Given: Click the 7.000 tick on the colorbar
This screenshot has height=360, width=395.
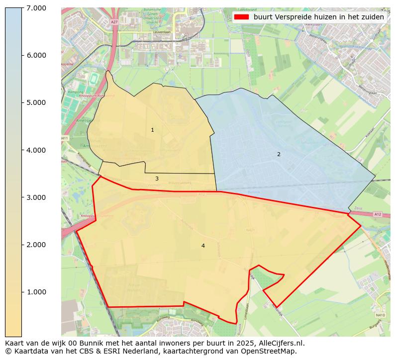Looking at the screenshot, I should [36, 8].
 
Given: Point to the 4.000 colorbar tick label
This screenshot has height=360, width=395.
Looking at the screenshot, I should [36, 150].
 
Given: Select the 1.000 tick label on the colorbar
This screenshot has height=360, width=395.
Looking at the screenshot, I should [36, 292].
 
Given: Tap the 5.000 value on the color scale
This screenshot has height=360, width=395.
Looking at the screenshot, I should [36, 102].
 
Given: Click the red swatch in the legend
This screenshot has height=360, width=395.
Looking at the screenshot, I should [241, 17].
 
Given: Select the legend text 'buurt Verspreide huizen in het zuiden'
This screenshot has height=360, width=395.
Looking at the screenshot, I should [318, 17].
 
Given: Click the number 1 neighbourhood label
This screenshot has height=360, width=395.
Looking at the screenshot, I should [152, 130].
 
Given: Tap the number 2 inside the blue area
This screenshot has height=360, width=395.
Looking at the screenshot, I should [279, 154].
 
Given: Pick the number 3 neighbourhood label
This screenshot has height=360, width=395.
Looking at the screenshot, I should [157, 179].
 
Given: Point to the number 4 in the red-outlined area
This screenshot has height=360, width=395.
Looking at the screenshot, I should [203, 246].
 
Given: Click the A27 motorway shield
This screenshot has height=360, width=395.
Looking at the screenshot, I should [114, 22].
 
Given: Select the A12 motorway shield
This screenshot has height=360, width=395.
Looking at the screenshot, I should [378, 214].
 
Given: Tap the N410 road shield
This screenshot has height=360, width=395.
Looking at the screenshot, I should [381, 315].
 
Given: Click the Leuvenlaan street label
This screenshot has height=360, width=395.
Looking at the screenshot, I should [162, 32].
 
